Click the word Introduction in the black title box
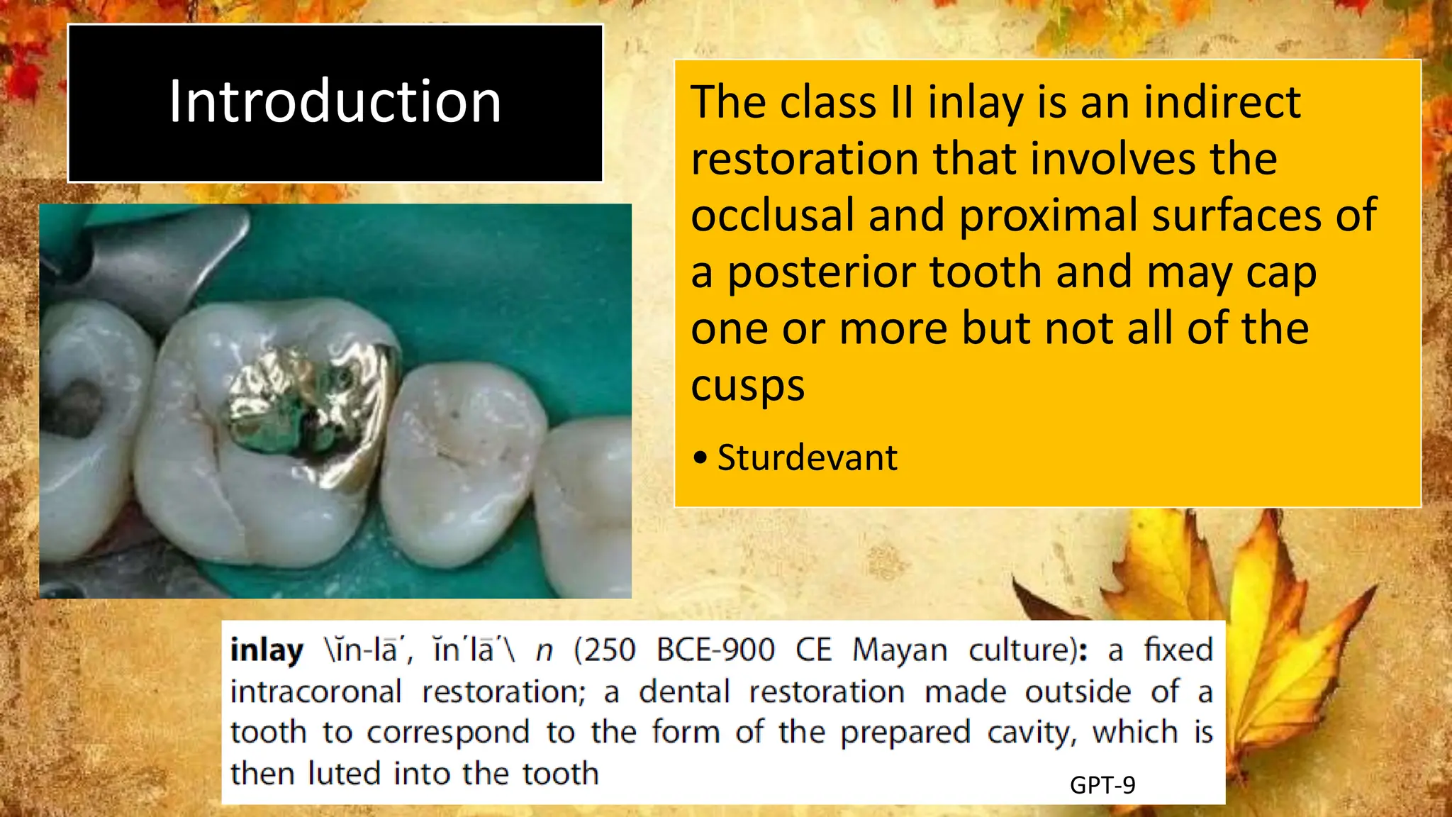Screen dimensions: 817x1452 click(335, 102)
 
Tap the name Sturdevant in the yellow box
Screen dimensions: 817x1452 click(807, 457)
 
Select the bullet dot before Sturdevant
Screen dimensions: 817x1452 click(700, 458)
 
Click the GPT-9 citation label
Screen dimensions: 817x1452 click(1102, 785)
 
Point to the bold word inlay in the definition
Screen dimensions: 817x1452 click(267, 650)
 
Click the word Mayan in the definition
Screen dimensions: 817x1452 click(899, 650)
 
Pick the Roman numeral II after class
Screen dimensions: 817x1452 click(901, 103)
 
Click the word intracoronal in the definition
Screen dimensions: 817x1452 click(316, 691)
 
